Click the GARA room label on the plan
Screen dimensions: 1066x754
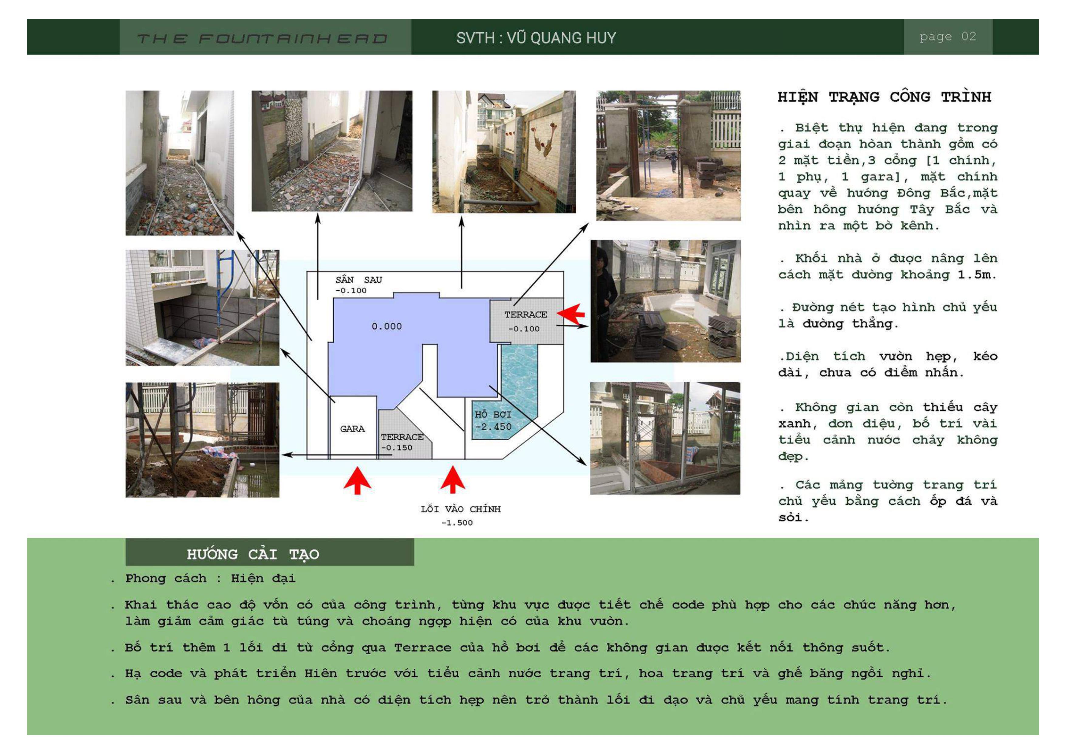[x=352, y=429]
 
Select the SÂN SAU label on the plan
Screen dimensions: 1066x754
[x=359, y=280]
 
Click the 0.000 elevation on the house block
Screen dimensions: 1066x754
[x=387, y=327]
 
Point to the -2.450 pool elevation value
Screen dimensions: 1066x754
[x=493, y=427]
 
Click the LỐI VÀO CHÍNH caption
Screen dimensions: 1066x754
[x=461, y=509]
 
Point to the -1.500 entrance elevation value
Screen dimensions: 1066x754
[x=457, y=523]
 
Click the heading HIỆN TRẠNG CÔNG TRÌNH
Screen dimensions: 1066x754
[x=884, y=97]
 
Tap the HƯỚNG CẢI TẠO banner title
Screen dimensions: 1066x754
[x=253, y=554]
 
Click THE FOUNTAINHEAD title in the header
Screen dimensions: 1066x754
[x=262, y=39]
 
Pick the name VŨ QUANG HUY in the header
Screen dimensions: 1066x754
[x=561, y=38]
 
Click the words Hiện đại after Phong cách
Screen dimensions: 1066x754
[x=263, y=578]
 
